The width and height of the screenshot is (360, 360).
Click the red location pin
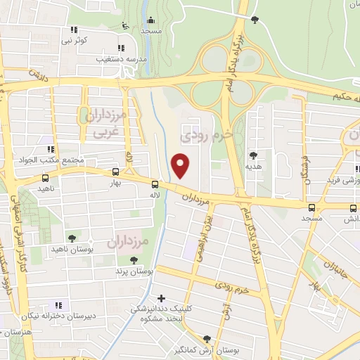(181, 165)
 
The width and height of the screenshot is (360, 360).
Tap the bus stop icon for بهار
(115, 171)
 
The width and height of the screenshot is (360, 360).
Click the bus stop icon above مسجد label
(311, 207)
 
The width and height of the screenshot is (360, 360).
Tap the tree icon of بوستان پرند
(134, 260)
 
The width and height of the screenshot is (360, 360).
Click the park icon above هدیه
(252, 155)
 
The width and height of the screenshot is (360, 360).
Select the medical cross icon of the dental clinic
(162, 298)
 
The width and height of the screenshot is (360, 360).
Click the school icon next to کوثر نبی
(73, 30)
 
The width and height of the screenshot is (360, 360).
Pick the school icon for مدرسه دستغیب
(121, 48)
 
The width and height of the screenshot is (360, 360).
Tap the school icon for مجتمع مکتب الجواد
(50, 148)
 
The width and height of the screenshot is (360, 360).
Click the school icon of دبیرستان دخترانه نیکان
(58, 305)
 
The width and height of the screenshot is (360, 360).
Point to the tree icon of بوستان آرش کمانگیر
(205, 337)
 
